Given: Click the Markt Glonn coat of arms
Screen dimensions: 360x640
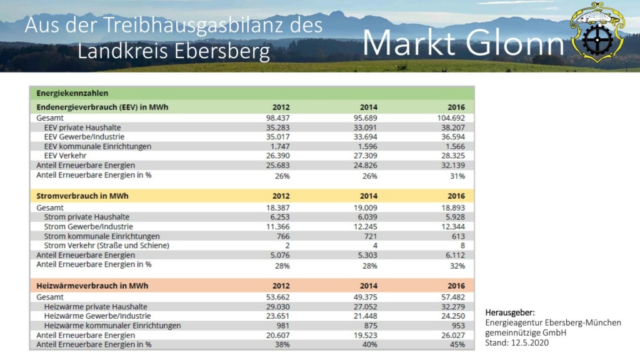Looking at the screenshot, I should [597, 32].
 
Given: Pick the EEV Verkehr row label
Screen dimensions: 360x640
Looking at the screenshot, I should [65, 156].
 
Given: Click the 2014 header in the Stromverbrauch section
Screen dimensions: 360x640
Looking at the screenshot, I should [368, 196].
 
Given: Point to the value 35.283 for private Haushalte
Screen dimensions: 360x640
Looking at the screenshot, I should [277, 127].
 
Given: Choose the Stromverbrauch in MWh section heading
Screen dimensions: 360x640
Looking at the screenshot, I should [82, 196].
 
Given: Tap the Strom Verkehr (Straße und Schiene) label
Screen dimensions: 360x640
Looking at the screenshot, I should [106, 245].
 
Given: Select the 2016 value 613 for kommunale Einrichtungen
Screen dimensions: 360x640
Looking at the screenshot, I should [458, 236].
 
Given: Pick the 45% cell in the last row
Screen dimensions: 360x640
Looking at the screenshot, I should [457, 345].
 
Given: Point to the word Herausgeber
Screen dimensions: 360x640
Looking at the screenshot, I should [509, 312].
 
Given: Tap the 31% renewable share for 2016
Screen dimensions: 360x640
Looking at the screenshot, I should [457, 176].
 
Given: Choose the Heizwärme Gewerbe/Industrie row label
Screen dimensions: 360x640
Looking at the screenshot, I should [97, 316].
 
